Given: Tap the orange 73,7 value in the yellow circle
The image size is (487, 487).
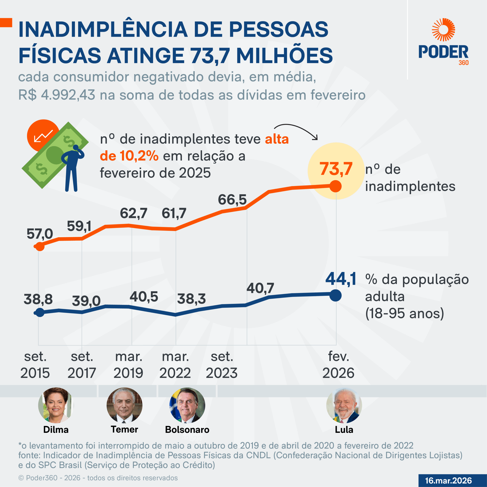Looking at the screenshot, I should coord(336,169).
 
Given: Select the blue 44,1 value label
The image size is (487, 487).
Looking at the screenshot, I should coord(341,279).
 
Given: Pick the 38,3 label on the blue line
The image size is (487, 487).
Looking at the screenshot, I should coord(191,299).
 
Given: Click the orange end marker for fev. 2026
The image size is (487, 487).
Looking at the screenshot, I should coord(336,186).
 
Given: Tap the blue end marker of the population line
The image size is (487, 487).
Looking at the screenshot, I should coord(336,295).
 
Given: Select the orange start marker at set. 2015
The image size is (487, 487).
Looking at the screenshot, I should coord(40,246).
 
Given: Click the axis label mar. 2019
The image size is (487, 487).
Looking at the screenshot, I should coord(129,365).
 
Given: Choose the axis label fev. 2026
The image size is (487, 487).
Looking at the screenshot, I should coord(338,365).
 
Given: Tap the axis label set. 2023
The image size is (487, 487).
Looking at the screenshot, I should coord(222,365).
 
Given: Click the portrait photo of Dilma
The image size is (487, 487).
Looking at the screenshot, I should coord(56,405).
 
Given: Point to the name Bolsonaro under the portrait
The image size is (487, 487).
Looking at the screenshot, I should coord(187,430).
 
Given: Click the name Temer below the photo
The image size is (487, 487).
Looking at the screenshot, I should coord(125,430).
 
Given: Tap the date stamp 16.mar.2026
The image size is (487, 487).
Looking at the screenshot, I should coord(448,481).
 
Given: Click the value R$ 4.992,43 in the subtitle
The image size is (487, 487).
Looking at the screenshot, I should coord(57,95).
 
